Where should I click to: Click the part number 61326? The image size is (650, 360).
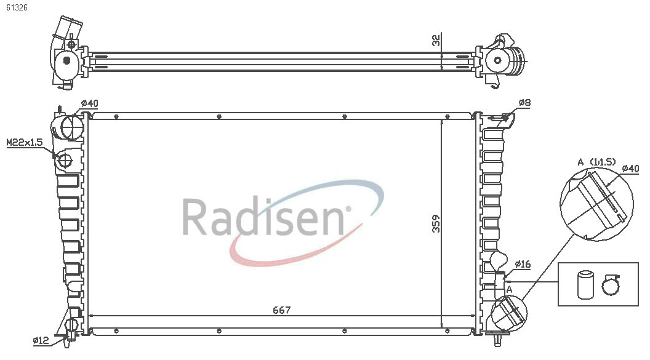(x=17, y=7)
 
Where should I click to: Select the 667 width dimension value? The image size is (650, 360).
(x=281, y=310)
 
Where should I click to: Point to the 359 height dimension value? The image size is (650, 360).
(x=436, y=223)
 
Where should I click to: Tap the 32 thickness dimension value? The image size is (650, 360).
(x=436, y=41)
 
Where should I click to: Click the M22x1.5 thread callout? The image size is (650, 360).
(x=25, y=143)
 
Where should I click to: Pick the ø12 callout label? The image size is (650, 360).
(x=41, y=340)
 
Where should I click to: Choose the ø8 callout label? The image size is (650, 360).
(x=524, y=102)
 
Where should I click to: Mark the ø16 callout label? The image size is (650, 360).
(x=523, y=264)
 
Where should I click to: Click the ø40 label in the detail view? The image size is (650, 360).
(x=630, y=168)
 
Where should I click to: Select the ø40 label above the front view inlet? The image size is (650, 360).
(x=89, y=103)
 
